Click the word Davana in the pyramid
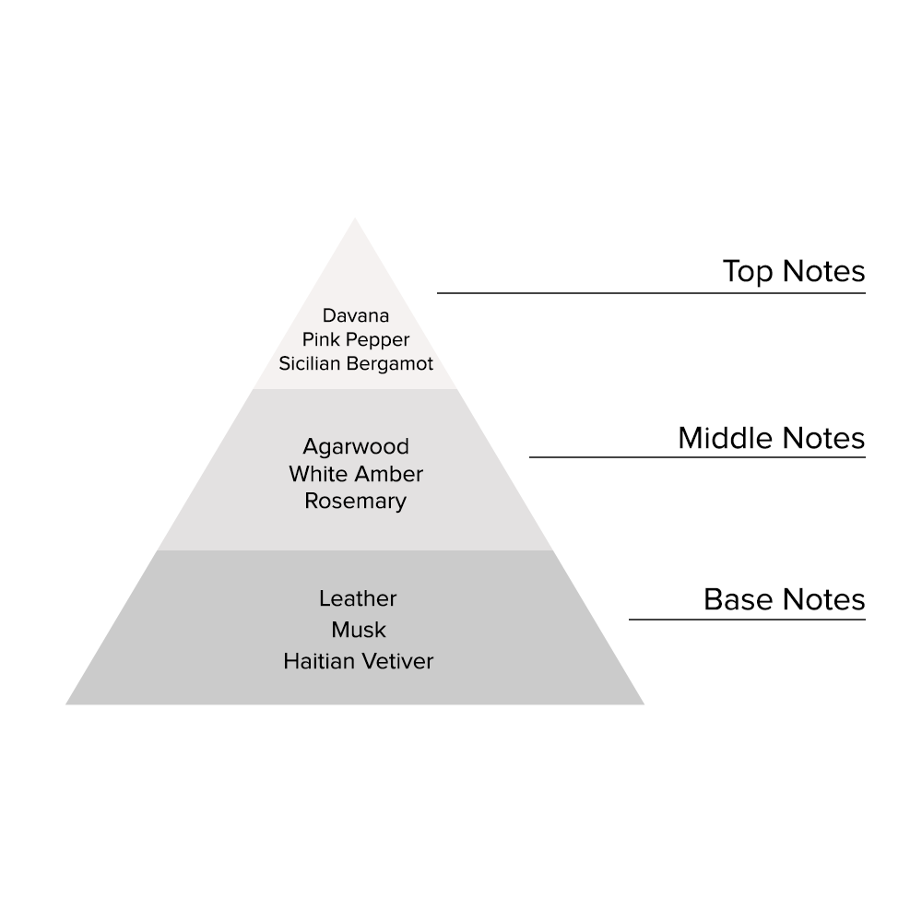pos(356,315)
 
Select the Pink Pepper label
pos(356,339)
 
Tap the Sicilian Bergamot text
pos(356,363)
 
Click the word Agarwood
pos(356,446)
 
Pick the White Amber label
pos(356,474)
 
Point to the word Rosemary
pos(356,502)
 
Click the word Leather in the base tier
pos(358,598)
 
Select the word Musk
pos(359,630)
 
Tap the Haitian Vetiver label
pos(358,661)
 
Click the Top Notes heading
pos(794,271)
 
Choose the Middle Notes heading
pos(771,438)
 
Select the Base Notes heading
pos(784,599)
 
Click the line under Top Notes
pos(651,293)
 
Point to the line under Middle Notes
pos(697,457)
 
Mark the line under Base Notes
pos(747,619)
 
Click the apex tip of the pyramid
pos(355,220)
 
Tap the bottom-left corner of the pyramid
pos(68,703)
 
